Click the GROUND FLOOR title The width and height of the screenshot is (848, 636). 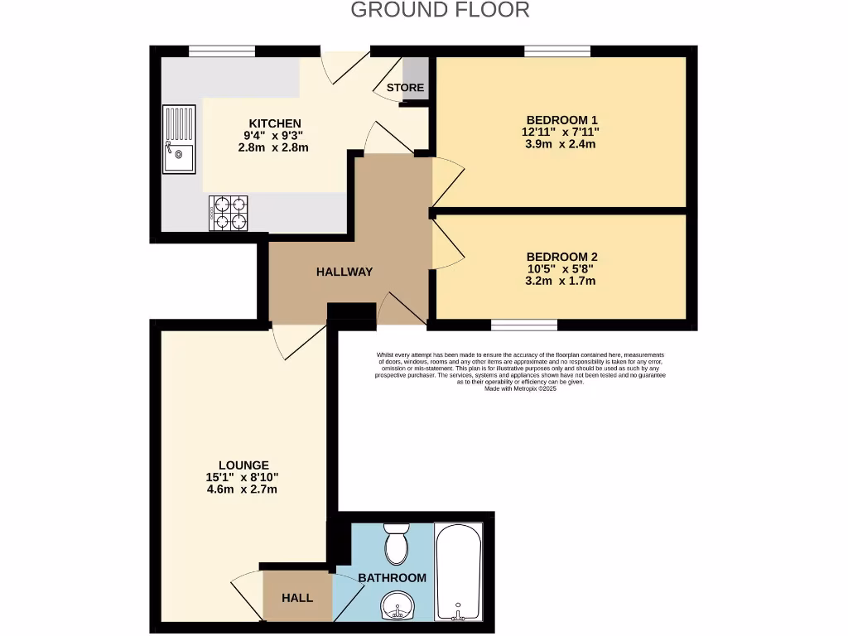point(440,10)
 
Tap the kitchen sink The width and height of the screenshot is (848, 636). point(179,139)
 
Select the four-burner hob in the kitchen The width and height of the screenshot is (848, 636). point(229,212)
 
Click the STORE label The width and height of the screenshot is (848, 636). point(406,88)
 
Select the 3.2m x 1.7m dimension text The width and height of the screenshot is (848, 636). point(561,281)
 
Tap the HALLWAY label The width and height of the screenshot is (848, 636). point(344,272)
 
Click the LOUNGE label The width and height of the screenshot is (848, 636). point(243,465)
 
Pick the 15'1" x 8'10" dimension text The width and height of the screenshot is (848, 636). point(243,477)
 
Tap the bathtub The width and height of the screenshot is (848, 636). point(459,571)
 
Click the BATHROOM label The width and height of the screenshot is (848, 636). point(392,578)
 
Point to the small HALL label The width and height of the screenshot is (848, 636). point(296,597)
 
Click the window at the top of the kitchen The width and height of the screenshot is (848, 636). point(221,51)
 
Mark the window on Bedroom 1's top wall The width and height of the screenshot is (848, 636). point(556,51)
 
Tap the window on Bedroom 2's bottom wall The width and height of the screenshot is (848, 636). point(524,324)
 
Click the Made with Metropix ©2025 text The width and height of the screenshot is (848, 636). point(520,388)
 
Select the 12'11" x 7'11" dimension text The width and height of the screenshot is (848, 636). point(561,132)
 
